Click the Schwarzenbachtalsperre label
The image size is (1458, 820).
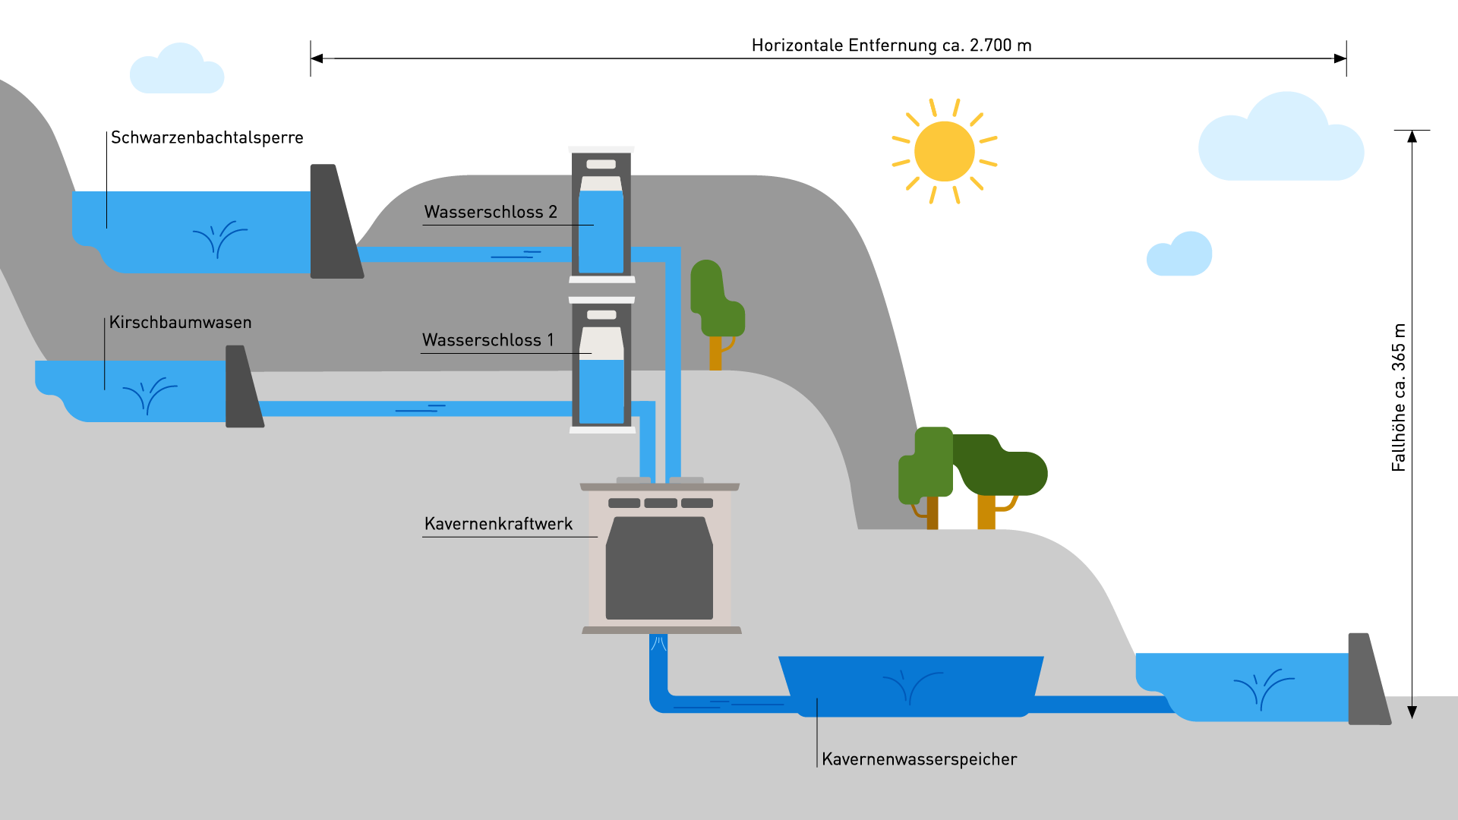tap(207, 137)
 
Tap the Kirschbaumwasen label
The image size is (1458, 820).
tap(180, 322)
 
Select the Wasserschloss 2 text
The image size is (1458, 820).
tap(491, 212)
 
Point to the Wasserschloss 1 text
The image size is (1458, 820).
tap(488, 340)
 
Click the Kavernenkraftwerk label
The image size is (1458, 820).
tap(498, 524)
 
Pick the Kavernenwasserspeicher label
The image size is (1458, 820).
tap(919, 759)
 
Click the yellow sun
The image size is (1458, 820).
tap(944, 151)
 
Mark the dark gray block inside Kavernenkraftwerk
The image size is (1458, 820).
tap(659, 569)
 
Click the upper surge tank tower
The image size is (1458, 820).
tap(601, 214)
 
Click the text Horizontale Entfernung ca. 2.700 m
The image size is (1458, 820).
tap(891, 46)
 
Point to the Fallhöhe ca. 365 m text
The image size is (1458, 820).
tap(1398, 397)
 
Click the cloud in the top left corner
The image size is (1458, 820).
tap(178, 71)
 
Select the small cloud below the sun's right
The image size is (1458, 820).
tap(1181, 256)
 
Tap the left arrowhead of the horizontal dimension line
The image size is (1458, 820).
tap(317, 58)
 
